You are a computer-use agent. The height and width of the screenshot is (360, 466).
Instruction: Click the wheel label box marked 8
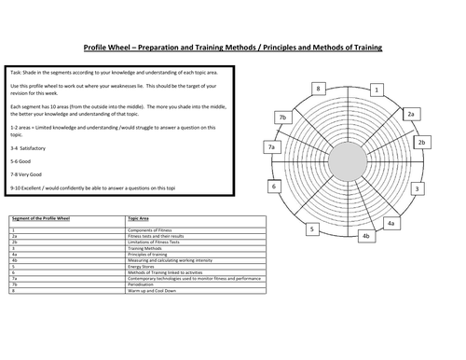click(319, 90)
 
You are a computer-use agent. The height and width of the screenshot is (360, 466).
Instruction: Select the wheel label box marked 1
click(377, 90)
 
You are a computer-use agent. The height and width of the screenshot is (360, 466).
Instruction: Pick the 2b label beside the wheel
click(421, 143)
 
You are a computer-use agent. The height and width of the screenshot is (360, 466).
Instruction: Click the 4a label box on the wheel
click(391, 224)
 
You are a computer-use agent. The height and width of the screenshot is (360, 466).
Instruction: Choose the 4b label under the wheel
click(366, 237)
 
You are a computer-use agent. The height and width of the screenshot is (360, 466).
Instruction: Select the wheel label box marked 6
click(274, 187)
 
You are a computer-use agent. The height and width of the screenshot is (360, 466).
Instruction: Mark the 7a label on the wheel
click(271, 147)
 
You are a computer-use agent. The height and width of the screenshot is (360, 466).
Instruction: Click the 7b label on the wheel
click(282, 117)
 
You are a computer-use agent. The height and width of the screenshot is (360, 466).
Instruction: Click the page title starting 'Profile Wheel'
click(232, 48)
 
